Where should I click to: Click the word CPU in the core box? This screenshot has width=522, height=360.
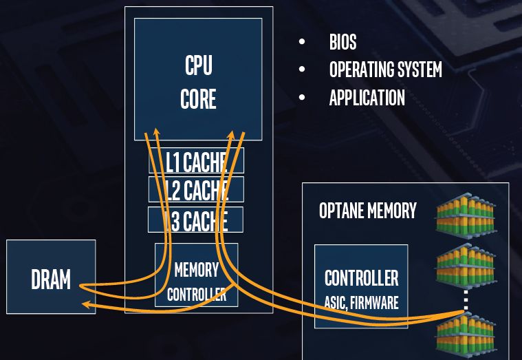click(x=198, y=66)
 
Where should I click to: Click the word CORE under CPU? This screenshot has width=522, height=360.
click(x=198, y=98)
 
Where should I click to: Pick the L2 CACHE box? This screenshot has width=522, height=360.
click(x=196, y=189)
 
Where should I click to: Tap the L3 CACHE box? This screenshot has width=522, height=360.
click(x=196, y=220)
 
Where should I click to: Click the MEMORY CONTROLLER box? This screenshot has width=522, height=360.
click(x=196, y=282)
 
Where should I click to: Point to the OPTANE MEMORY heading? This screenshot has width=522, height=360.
click(x=368, y=211)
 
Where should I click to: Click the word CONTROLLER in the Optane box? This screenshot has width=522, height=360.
click(x=361, y=278)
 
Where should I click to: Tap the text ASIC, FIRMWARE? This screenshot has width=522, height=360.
click(x=361, y=302)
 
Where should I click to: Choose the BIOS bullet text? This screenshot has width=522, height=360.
click(x=342, y=42)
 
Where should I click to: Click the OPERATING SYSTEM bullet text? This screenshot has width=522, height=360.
click(x=385, y=70)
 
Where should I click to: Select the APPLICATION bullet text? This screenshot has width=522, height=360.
click(x=367, y=98)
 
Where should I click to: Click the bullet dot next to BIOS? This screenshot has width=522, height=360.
click(x=302, y=42)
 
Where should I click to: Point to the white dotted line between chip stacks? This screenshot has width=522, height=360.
click(x=466, y=299)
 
